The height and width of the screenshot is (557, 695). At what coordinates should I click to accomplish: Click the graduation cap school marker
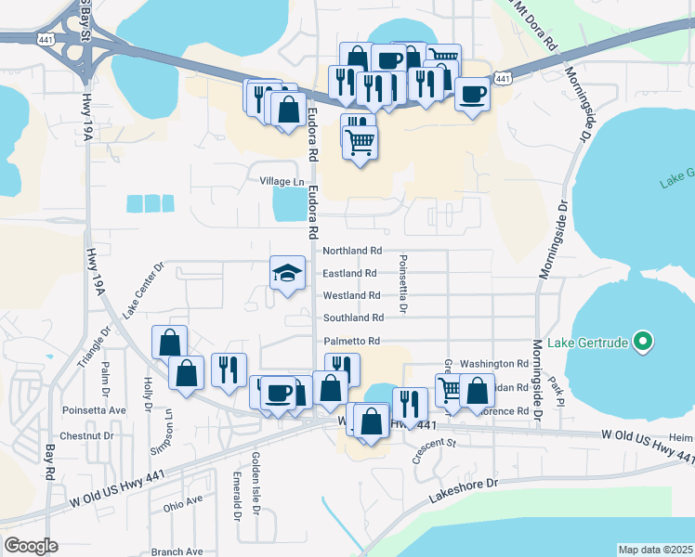pyautogui.click(x=287, y=273)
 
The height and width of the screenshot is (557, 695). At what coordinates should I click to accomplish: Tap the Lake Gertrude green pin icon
pyautogui.click(x=642, y=343)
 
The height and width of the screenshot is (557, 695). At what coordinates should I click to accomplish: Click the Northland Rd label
pyautogui.click(x=352, y=252)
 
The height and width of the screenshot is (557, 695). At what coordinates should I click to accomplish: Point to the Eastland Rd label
pyautogui.click(x=349, y=274)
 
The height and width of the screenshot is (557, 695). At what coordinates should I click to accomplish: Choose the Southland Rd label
pyautogui.click(x=353, y=318)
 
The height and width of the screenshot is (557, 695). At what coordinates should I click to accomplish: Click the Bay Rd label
pyautogui.click(x=49, y=460)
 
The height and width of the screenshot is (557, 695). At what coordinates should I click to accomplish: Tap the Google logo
pyautogui.click(x=31, y=546)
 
